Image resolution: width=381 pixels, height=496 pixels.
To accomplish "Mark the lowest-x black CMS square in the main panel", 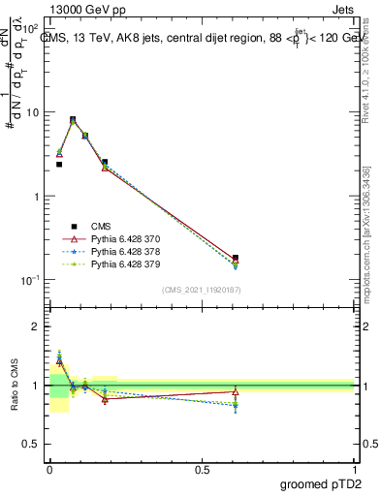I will tap(59, 165).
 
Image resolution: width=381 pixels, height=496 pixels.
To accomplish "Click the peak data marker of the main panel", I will tap(73, 120).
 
